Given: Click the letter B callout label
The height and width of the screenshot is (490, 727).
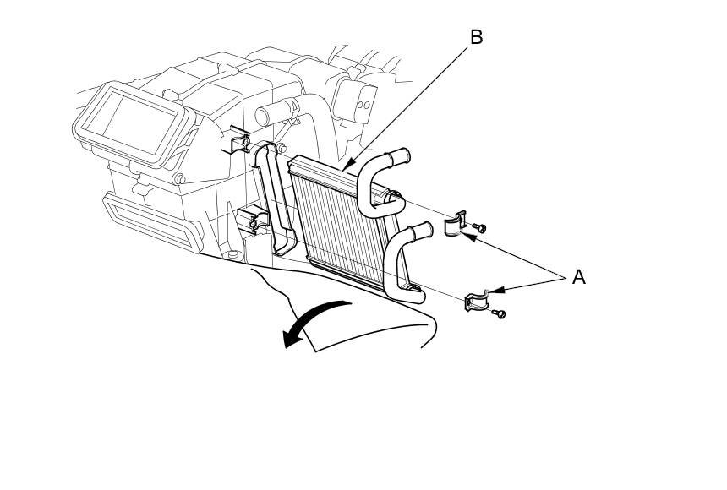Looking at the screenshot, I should pos(476,37).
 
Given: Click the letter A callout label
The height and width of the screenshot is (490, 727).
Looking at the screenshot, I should pos(578,277).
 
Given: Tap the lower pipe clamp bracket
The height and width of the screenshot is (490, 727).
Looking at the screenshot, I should pos(477,301).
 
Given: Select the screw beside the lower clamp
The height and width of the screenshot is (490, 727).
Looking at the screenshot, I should pos(500,314).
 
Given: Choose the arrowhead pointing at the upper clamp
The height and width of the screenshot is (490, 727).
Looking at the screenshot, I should pos(469,237).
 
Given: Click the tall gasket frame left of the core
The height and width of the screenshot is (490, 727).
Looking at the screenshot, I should pos(273,198).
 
